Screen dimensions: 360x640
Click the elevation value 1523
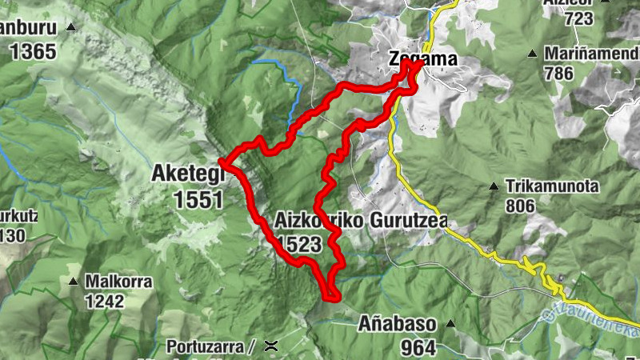300,244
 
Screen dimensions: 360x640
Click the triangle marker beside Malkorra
73,282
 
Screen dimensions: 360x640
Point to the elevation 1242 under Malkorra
104,302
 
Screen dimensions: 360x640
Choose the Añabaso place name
396,326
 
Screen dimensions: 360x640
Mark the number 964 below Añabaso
419,347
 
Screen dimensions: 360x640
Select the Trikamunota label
552,186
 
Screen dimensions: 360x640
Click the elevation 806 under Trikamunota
521,206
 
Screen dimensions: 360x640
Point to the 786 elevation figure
558,74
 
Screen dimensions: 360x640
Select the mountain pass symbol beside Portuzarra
272,346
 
